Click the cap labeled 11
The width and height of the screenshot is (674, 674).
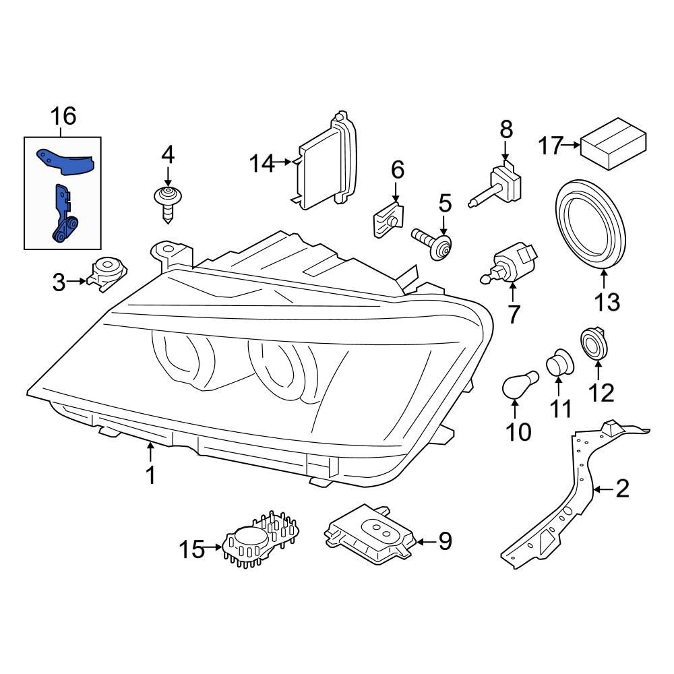pos(558,364)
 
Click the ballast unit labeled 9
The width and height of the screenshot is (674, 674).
pos(370,537)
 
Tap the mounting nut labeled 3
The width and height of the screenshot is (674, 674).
pos(106,273)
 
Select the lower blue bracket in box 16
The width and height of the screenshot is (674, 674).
pos(63,216)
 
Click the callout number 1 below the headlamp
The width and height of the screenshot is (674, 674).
pos(151,475)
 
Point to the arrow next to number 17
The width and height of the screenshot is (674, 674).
pos(571,144)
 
